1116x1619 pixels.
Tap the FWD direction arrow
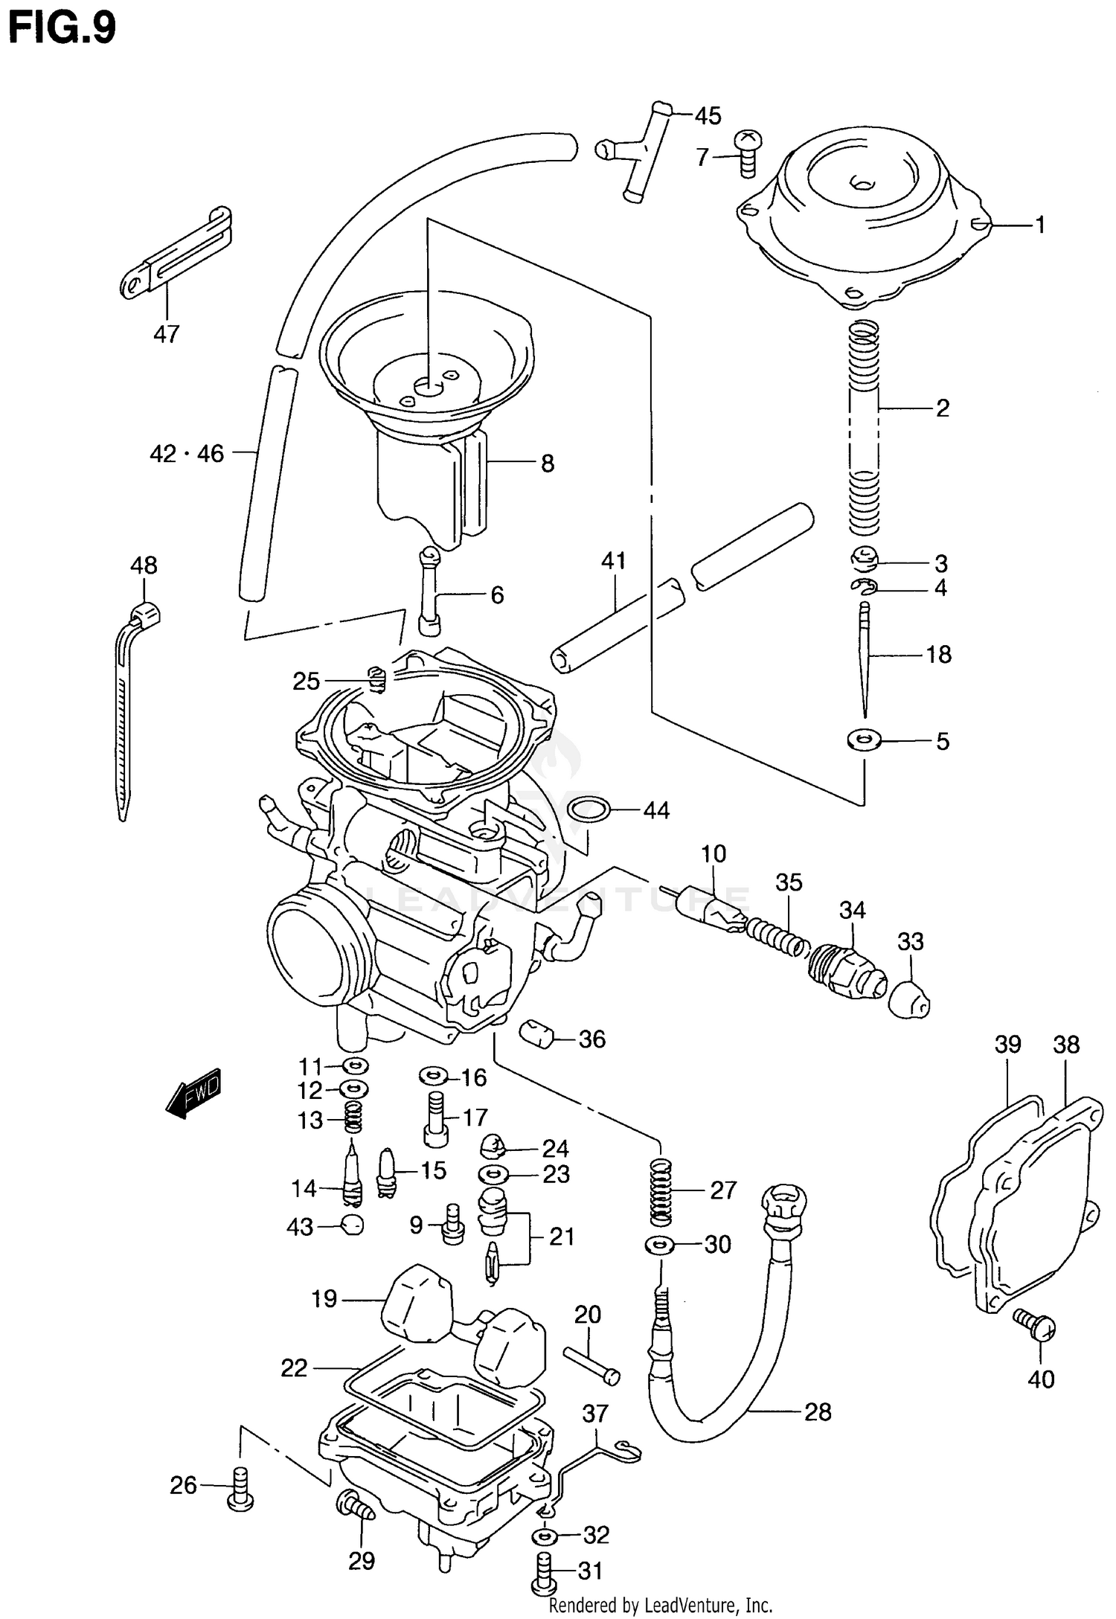194,1094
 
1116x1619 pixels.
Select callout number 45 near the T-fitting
708,116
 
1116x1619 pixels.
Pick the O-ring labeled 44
588,809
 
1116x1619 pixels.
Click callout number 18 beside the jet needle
939,655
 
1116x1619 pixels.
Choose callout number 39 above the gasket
1008,1045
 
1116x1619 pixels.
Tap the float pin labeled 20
591,1365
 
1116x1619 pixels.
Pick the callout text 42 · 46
187,453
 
